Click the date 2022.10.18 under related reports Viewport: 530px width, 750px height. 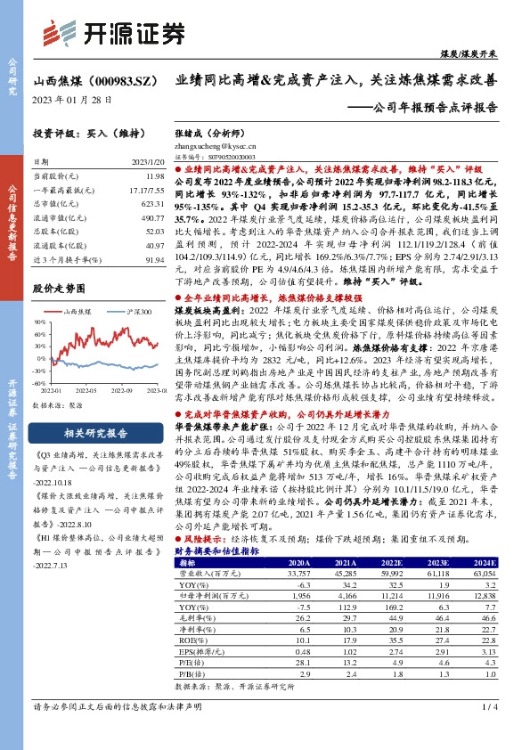pos(59,497)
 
